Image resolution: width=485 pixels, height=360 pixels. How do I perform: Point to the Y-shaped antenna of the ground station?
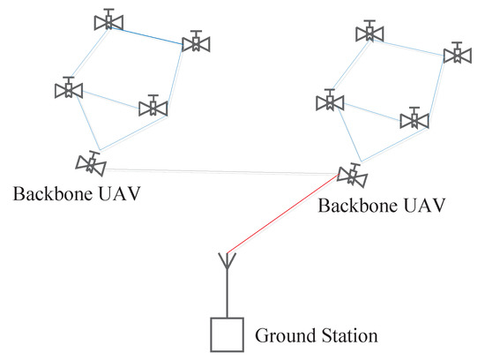[227, 261]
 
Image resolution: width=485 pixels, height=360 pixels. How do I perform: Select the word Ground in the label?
[281, 335]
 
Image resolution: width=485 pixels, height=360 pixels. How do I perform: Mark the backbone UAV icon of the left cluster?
[91, 163]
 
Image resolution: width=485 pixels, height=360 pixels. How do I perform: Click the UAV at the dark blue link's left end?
[108, 22]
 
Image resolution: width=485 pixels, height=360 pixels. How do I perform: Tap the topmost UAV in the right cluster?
[369, 33]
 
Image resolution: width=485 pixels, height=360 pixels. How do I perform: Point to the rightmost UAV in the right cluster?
[456, 54]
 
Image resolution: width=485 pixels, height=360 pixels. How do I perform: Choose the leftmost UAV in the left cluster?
[67, 89]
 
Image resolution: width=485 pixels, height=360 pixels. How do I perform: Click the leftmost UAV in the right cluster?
[329, 101]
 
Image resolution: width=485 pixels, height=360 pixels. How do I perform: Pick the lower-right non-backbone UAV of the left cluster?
[153, 107]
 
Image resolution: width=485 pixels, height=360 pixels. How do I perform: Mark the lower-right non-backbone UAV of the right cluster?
[414, 119]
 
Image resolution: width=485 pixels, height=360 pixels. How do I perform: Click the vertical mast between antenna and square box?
[227, 296]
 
